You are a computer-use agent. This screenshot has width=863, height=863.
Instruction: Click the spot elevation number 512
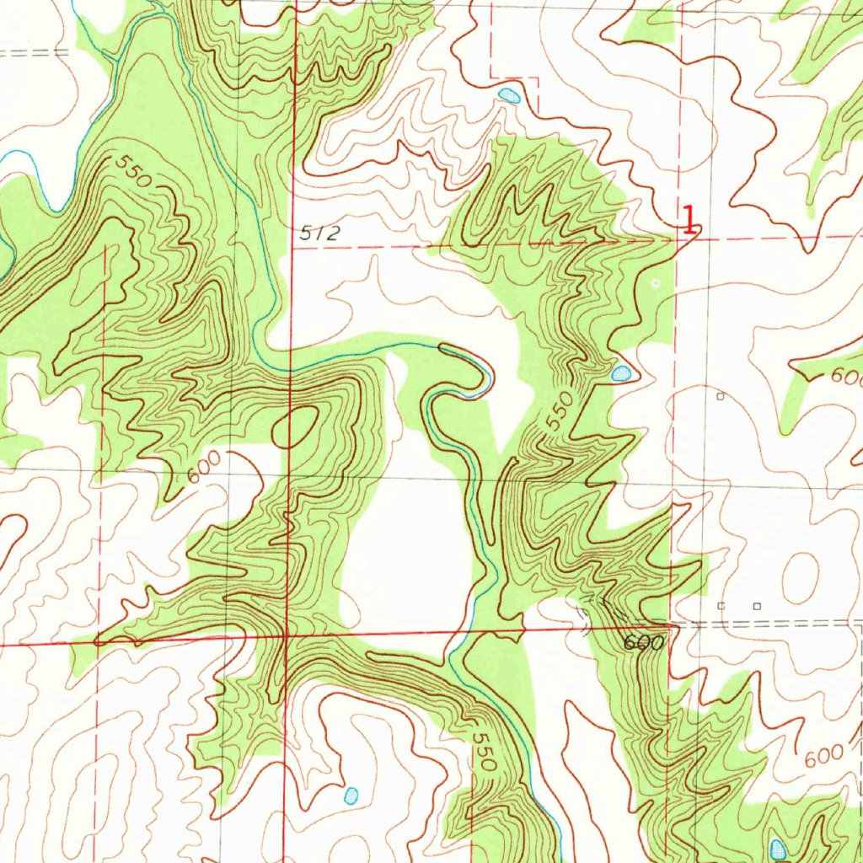[320, 234]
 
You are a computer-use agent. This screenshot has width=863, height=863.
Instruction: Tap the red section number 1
[689, 220]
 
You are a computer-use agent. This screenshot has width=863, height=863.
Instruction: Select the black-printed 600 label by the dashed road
[645, 642]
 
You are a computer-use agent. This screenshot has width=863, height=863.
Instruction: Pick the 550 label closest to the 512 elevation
[134, 172]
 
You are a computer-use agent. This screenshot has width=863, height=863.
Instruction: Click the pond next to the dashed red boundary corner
[509, 95]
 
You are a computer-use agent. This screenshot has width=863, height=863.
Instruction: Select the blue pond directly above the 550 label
[621, 373]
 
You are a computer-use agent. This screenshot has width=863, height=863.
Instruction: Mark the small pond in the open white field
[351, 794]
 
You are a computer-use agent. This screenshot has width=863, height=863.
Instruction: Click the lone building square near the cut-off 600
[720, 395]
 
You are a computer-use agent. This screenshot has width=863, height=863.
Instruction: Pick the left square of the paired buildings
[721, 606]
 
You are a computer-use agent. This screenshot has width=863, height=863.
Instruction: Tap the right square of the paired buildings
[757, 606]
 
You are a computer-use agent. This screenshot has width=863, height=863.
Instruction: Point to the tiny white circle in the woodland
[657, 284]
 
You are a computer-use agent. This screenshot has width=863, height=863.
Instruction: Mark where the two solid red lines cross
[287, 634]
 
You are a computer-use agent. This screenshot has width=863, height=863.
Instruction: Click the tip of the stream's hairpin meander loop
[488, 378]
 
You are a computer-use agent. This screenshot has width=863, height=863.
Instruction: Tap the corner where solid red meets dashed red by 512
[293, 249]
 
